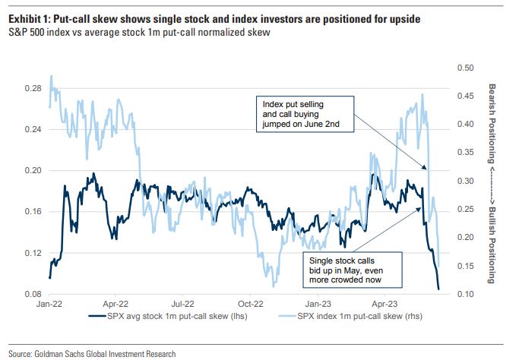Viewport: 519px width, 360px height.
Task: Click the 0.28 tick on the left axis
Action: [x=33, y=88]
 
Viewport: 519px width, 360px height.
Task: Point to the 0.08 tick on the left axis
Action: [x=33, y=293]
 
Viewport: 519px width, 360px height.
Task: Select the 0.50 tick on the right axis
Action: [x=464, y=68]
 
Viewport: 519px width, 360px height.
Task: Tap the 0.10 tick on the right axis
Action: [x=464, y=293]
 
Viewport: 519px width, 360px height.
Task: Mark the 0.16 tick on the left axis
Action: [x=33, y=211]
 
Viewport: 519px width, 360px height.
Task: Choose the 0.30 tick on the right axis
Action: [x=464, y=181]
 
